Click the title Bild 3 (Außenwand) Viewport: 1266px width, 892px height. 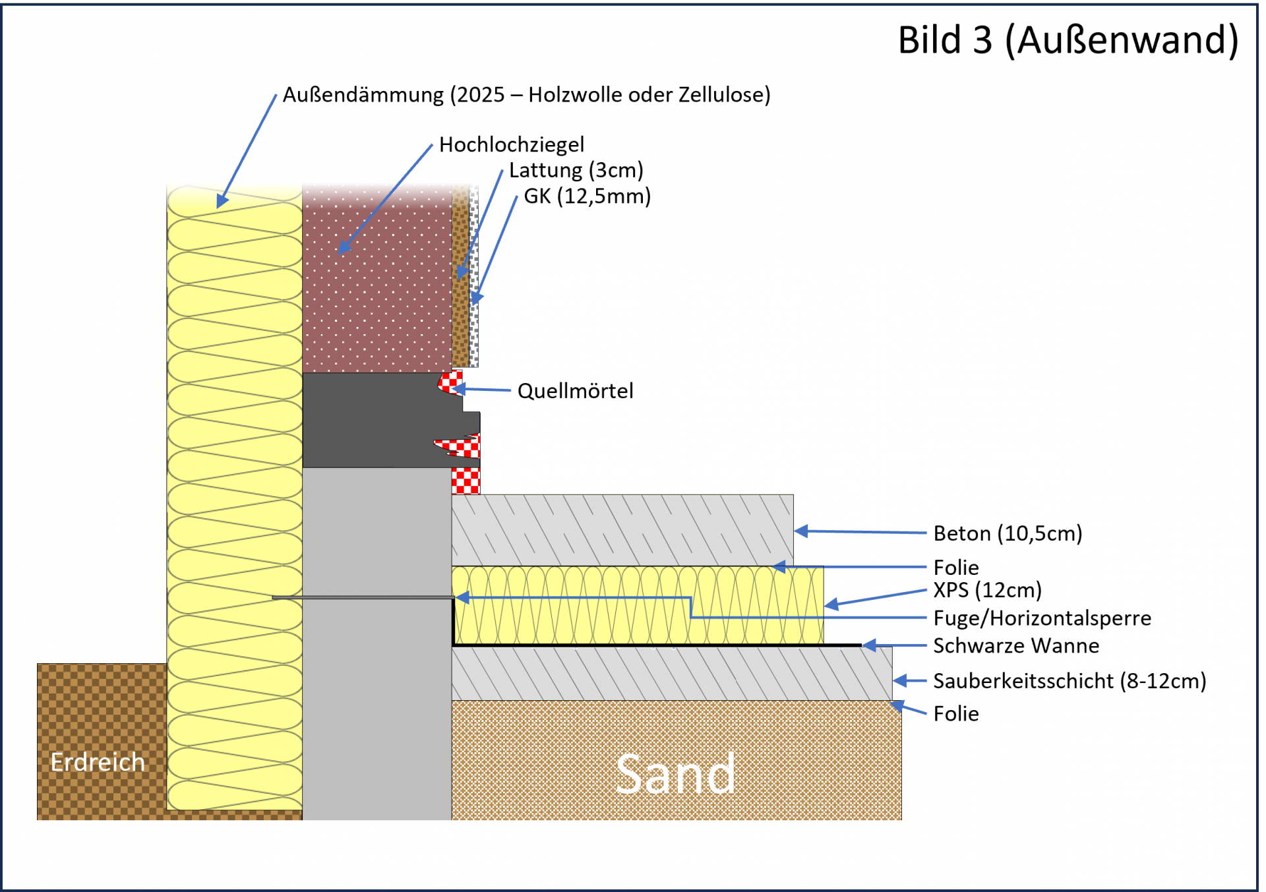click(x=1068, y=40)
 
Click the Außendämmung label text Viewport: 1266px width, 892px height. click(x=526, y=95)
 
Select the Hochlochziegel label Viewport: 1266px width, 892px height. click(x=512, y=145)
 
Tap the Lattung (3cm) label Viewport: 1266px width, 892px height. click(x=576, y=170)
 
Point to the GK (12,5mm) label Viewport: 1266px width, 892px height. click(x=587, y=196)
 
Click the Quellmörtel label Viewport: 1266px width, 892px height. click(x=575, y=391)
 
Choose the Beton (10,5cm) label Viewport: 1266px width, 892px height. click(x=1008, y=533)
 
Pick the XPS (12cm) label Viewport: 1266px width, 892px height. click(x=987, y=590)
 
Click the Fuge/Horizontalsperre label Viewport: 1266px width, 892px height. click(x=1042, y=618)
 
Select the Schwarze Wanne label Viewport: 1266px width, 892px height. click(x=1016, y=646)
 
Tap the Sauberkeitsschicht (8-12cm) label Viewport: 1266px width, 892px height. click(x=1070, y=681)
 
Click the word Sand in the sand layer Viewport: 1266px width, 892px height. click(x=675, y=774)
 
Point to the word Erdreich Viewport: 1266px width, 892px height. click(x=98, y=762)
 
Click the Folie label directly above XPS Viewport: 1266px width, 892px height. click(x=956, y=568)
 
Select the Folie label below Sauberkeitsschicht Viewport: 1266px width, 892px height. click(x=956, y=714)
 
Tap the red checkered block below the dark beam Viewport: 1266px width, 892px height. click(x=466, y=481)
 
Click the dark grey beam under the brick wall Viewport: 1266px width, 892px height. click(x=376, y=420)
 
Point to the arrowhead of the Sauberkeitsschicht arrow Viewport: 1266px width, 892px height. click(x=900, y=680)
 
